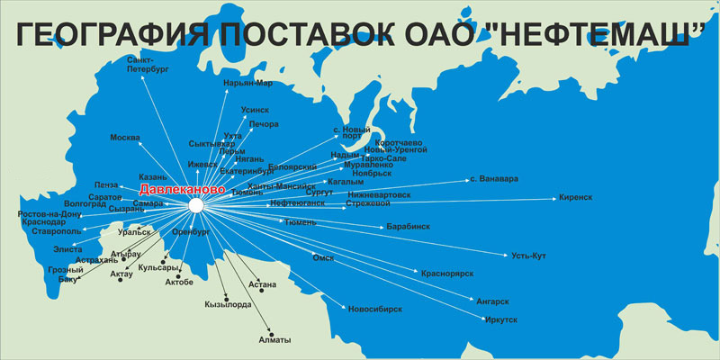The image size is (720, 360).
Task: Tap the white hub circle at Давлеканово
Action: pyautogui.click(x=196, y=206)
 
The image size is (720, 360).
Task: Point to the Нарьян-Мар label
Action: pyautogui.click(x=247, y=83)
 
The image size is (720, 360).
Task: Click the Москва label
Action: pyautogui.click(x=125, y=138)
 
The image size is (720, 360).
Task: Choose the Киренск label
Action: pyautogui.click(x=576, y=196)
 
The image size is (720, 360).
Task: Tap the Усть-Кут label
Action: pyautogui.click(x=528, y=256)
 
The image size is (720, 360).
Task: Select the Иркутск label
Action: pyautogui.click(x=500, y=319)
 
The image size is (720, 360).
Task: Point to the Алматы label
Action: pyautogui.click(x=274, y=339)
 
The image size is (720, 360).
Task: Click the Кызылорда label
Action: pyautogui.click(x=228, y=304)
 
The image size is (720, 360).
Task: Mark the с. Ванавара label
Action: pyautogui.click(x=494, y=178)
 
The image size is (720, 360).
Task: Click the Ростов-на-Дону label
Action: pyautogui.click(x=49, y=214)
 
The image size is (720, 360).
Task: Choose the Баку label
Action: pyautogui.click(x=68, y=279)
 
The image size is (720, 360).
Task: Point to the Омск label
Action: pyautogui.click(x=323, y=258)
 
